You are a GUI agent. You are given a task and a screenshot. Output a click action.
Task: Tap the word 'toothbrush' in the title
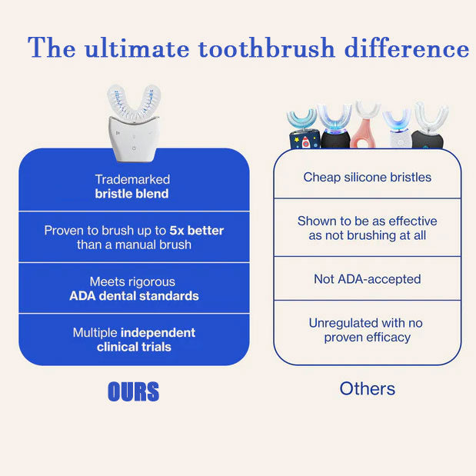(x=267, y=48)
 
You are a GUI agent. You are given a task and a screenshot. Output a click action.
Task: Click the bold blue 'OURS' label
(x=133, y=392)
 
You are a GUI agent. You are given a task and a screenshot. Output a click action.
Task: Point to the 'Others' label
(x=368, y=388)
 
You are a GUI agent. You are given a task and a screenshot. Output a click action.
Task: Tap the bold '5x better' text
(x=197, y=230)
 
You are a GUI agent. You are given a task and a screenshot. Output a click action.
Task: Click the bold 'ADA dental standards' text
(x=134, y=296)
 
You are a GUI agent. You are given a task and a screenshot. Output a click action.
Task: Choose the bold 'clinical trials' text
(x=134, y=347)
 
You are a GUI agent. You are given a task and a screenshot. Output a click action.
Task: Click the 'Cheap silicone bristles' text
(x=368, y=177)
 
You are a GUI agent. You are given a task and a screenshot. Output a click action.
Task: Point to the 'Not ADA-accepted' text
(x=368, y=279)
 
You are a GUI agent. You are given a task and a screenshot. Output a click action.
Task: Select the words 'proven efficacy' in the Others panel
(x=368, y=338)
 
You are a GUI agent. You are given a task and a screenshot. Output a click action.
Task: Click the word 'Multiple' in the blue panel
(x=95, y=332)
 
